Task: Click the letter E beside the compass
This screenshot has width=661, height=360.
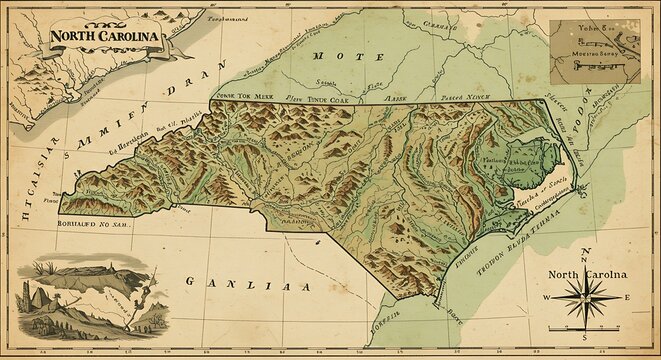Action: [x=627, y=298]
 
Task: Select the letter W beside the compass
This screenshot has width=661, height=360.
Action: [x=547, y=298]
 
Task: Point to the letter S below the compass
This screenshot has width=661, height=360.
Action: [x=585, y=350]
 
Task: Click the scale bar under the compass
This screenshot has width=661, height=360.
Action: [x=586, y=339]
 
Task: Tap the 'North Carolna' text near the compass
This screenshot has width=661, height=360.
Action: [x=587, y=274]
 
